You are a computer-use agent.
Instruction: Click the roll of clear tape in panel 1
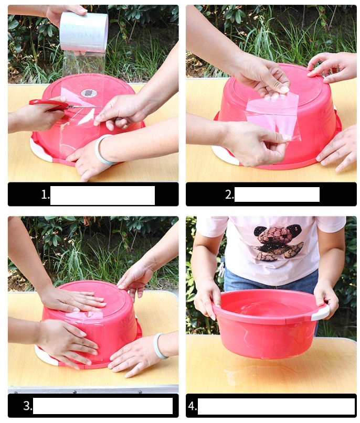pyautogui.click(x=84, y=32)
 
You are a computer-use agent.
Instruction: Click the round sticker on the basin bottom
pyautogui.click(x=89, y=93)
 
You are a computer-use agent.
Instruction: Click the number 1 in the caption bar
pyautogui.click(x=45, y=194)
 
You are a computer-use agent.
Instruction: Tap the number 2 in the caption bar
pyautogui.click(x=229, y=194)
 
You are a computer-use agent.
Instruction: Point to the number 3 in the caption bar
pyautogui.click(x=27, y=406)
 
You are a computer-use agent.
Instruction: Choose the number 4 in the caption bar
pyautogui.click(x=192, y=406)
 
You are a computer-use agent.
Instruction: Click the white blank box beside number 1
pyautogui.click(x=102, y=196)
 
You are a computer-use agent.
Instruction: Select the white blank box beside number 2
pyautogui.click(x=277, y=194)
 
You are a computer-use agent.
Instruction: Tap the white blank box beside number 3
pyautogui.click(x=103, y=406)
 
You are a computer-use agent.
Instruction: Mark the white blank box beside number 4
pyautogui.click(x=276, y=406)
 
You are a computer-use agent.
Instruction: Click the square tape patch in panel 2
pyautogui.click(x=273, y=116)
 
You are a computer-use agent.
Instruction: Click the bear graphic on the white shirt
pyautogui.click(x=278, y=242)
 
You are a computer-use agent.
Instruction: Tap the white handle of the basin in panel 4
pyautogui.click(x=320, y=313)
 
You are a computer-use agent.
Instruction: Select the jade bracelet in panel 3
pyautogui.click(x=160, y=346)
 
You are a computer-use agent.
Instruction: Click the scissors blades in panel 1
pyautogui.click(x=84, y=107)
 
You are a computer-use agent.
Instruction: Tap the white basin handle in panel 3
pyautogui.click(x=46, y=355)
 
